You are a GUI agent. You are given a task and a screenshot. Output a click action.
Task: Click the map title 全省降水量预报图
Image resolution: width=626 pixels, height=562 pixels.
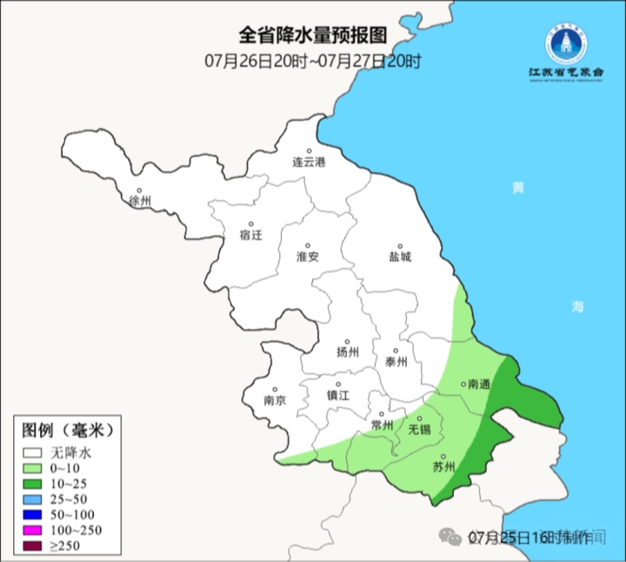[312, 37]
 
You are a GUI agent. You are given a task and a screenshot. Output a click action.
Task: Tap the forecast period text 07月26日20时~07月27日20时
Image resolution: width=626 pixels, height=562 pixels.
[313, 61]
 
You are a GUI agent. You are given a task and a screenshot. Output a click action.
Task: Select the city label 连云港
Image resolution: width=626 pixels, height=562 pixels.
[308, 163]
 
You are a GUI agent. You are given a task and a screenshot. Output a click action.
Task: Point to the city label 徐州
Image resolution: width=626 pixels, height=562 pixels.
[139, 201]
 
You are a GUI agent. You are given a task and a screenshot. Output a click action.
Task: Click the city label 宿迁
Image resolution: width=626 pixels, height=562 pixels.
[250, 235]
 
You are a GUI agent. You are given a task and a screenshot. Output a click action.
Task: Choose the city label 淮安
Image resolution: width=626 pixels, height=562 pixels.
[308, 257]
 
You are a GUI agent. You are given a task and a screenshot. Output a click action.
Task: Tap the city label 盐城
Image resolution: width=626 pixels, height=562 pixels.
[400, 257]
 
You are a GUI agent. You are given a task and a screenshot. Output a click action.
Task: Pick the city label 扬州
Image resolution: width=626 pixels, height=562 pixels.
[348, 352]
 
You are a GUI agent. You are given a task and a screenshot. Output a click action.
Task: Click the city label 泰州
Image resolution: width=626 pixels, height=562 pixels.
[396, 363]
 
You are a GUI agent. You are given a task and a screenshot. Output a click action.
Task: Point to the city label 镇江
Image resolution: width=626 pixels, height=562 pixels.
[337, 395]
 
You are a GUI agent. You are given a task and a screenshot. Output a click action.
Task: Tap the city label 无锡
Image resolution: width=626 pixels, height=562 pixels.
[419, 430]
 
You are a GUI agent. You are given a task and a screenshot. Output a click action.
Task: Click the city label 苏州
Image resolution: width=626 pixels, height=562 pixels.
[443, 467]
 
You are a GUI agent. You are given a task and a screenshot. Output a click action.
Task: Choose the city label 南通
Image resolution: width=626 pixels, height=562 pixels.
[479, 384]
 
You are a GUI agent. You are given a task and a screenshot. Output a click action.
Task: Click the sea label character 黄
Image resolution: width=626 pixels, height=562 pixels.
[518, 188]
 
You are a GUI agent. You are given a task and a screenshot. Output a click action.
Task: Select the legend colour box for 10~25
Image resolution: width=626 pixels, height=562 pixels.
[34, 484]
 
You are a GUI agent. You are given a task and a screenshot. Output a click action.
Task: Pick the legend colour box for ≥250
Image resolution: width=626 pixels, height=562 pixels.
[34, 546]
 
